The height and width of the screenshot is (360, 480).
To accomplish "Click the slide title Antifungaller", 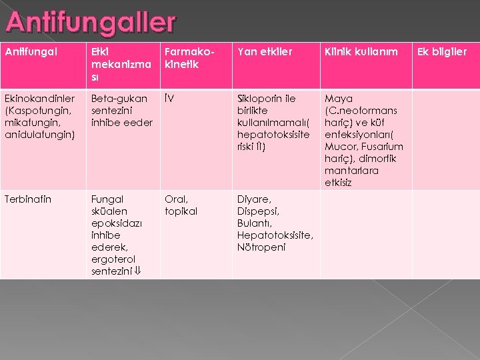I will [90, 23].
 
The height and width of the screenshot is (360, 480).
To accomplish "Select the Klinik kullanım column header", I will [360, 52].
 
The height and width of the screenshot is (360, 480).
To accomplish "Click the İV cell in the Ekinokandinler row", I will [171, 99].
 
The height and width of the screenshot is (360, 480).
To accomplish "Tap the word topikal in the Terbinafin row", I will [181, 211].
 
